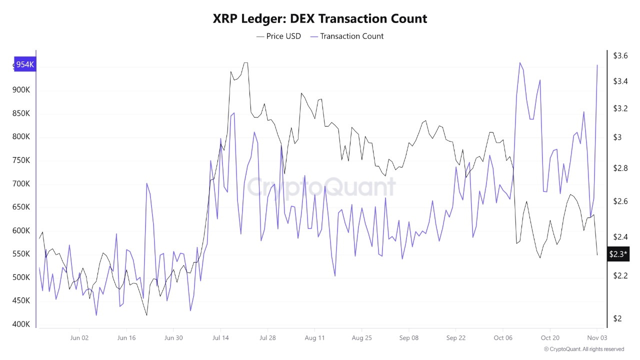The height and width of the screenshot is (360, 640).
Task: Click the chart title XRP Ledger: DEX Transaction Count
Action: tap(320, 19)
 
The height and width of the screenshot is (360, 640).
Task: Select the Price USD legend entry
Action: tap(278, 36)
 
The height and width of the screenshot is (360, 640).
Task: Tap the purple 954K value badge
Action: tap(25, 64)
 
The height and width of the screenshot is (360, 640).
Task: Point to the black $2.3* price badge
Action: tap(618, 254)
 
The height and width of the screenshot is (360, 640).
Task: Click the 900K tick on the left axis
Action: tap(21, 90)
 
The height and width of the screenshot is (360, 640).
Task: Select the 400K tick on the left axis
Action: tap(21, 324)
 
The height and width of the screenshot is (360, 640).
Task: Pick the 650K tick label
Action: tap(21, 207)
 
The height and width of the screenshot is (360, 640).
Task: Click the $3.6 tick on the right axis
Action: tap(620, 55)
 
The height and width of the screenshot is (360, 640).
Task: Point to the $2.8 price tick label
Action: tap(620, 168)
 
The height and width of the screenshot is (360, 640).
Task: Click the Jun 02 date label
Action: tap(79, 338)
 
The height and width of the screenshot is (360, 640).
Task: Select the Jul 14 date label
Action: tap(220, 338)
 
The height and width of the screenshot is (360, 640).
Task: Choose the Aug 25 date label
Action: tap(361, 338)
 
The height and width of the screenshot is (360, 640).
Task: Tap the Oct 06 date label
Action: tap(503, 338)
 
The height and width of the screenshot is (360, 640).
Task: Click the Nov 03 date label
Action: tap(597, 338)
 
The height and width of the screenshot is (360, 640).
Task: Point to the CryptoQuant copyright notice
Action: tap(583, 349)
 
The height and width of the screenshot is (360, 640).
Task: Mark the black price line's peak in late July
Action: tap(245, 63)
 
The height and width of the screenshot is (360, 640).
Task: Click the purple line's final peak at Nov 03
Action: tap(597, 65)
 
